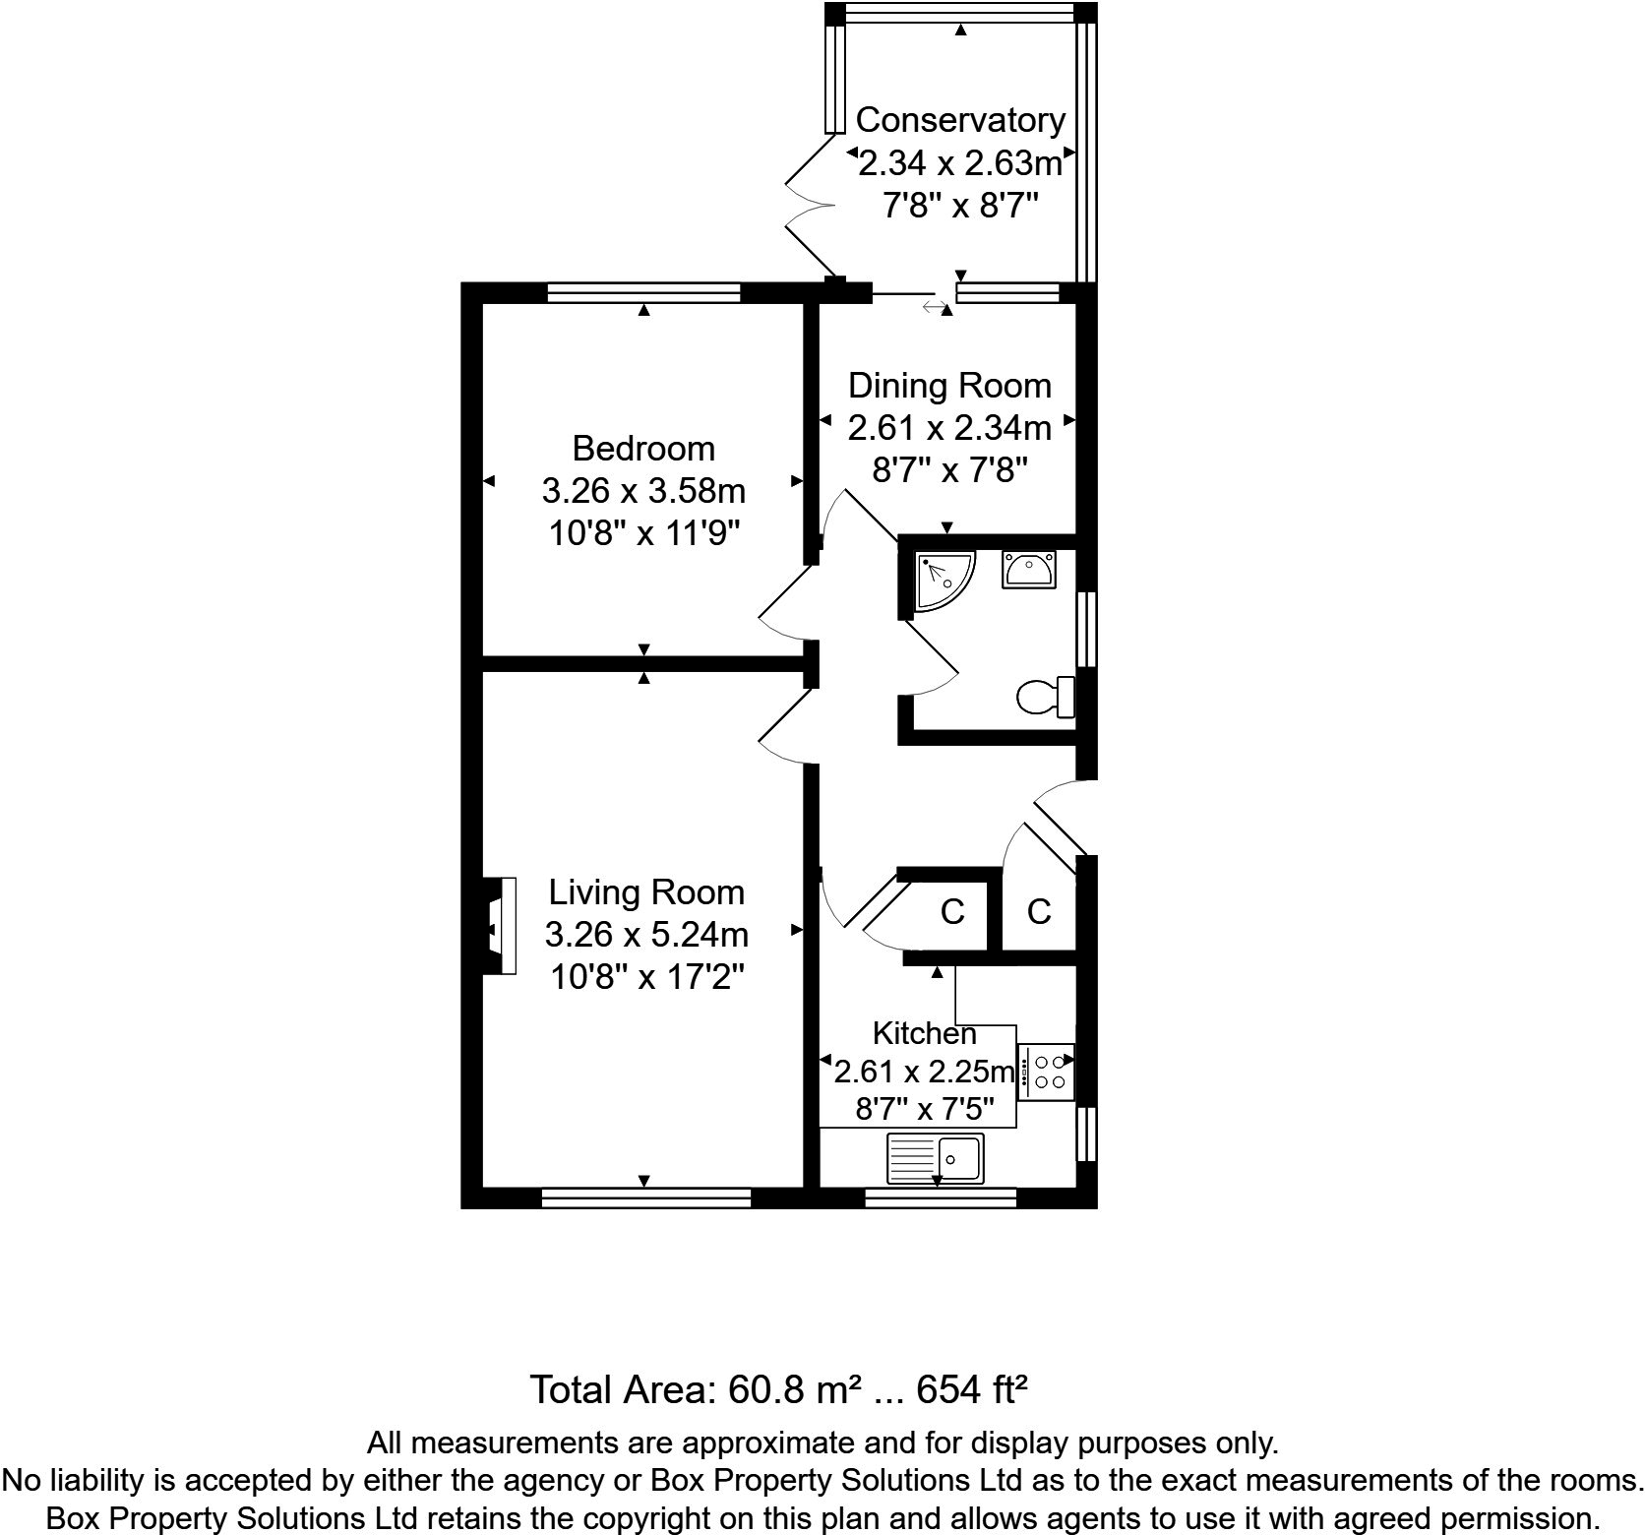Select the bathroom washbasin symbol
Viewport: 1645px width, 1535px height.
click(x=1029, y=570)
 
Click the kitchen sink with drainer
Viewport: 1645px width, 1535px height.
click(x=935, y=1158)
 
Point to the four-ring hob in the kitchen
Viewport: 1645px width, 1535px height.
click(x=1046, y=1072)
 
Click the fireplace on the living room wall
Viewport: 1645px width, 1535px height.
click(x=500, y=925)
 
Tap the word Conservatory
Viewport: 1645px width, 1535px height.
click(x=960, y=120)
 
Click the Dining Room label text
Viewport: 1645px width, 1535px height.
click(x=949, y=385)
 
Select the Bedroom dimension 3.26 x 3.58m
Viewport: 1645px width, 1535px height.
click(x=643, y=490)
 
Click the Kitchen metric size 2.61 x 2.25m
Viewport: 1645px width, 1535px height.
click(x=923, y=1072)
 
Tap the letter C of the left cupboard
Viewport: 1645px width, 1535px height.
click(x=951, y=912)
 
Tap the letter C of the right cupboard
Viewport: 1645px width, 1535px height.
click(x=1039, y=912)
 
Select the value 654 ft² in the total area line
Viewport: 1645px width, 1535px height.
click(x=972, y=1390)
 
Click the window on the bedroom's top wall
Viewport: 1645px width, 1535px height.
click(x=643, y=292)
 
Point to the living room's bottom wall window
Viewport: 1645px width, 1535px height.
click(x=645, y=1197)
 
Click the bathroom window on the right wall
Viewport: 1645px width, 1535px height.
click(x=1086, y=630)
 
